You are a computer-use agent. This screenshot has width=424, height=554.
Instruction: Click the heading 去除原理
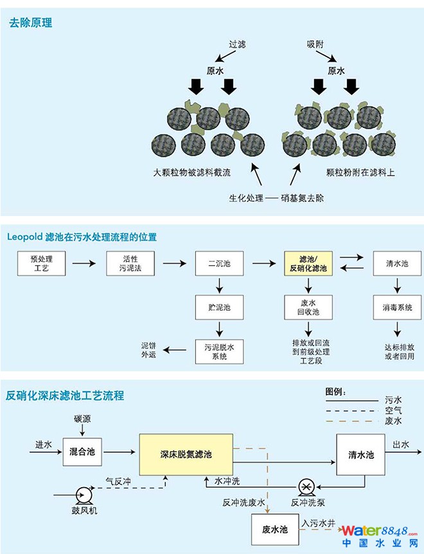pos(30,24)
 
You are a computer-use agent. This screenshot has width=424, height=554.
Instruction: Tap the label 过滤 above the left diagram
pos(237,45)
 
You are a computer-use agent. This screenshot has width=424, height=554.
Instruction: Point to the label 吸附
pos(315,45)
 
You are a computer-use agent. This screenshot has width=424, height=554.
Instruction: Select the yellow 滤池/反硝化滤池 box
pos(309,264)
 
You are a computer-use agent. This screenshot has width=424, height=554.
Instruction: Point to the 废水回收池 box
pos(309,308)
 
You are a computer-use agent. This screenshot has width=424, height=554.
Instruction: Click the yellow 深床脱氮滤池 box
pos(186,454)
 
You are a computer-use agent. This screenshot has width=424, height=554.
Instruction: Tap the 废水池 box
pos(275,529)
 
